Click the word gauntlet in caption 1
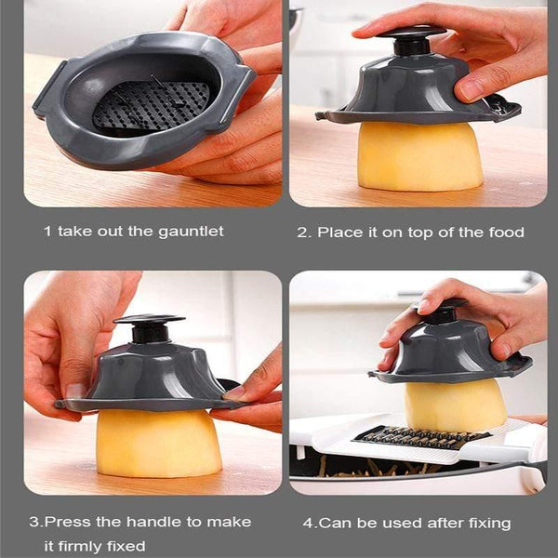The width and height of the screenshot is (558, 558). (189, 231)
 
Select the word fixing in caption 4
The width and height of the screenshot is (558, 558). (485, 523)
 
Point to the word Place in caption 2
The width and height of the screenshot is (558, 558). (339, 232)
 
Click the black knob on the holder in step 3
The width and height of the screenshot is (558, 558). (149, 326)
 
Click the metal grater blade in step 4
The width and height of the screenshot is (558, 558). (423, 436)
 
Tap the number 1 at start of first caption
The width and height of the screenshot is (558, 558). (46, 231)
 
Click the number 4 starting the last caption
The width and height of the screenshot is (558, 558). (308, 523)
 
